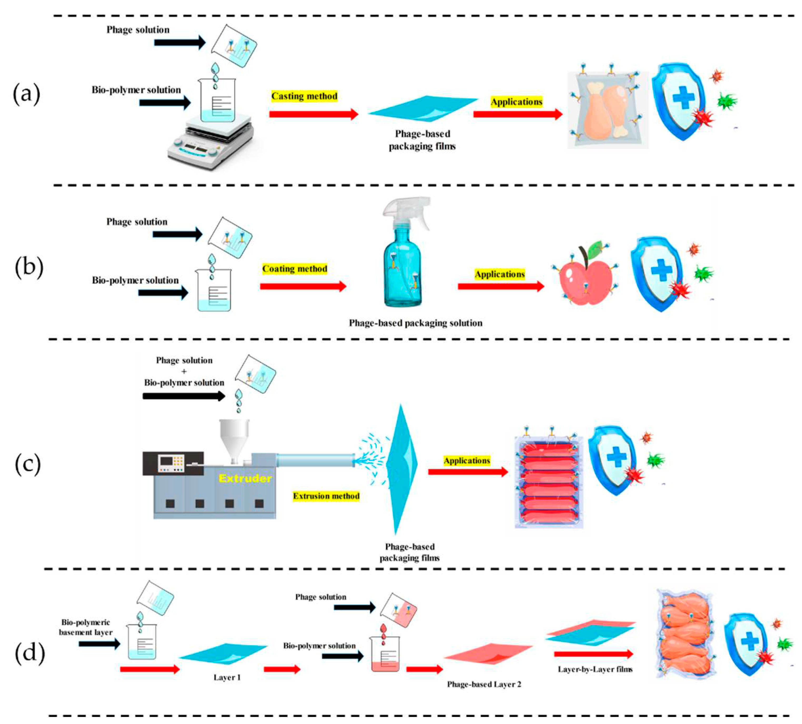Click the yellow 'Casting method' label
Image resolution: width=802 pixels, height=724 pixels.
pyautogui.click(x=304, y=96)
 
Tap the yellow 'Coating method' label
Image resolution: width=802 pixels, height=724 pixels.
pyautogui.click(x=295, y=269)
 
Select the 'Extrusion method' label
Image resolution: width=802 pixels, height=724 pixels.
pyautogui.click(x=326, y=496)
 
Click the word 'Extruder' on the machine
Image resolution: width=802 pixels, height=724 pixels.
pyautogui.click(x=245, y=478)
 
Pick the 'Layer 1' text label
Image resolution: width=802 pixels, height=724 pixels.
pyautogui.click(x=227, y=677)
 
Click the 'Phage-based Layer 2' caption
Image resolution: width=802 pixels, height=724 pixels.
pyautogui.click(x=484, y=684)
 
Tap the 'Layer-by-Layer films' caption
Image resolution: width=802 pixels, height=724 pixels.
pyautogui.click(x=595, y=669)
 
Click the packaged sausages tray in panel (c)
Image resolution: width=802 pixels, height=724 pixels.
pyautogui.click(x=549, y=481)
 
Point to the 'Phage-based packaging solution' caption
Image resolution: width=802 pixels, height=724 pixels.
pyautogui.click(x=416, y=323)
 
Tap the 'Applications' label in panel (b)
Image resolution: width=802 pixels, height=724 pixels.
pyautogui.click(x=500, y=274)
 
